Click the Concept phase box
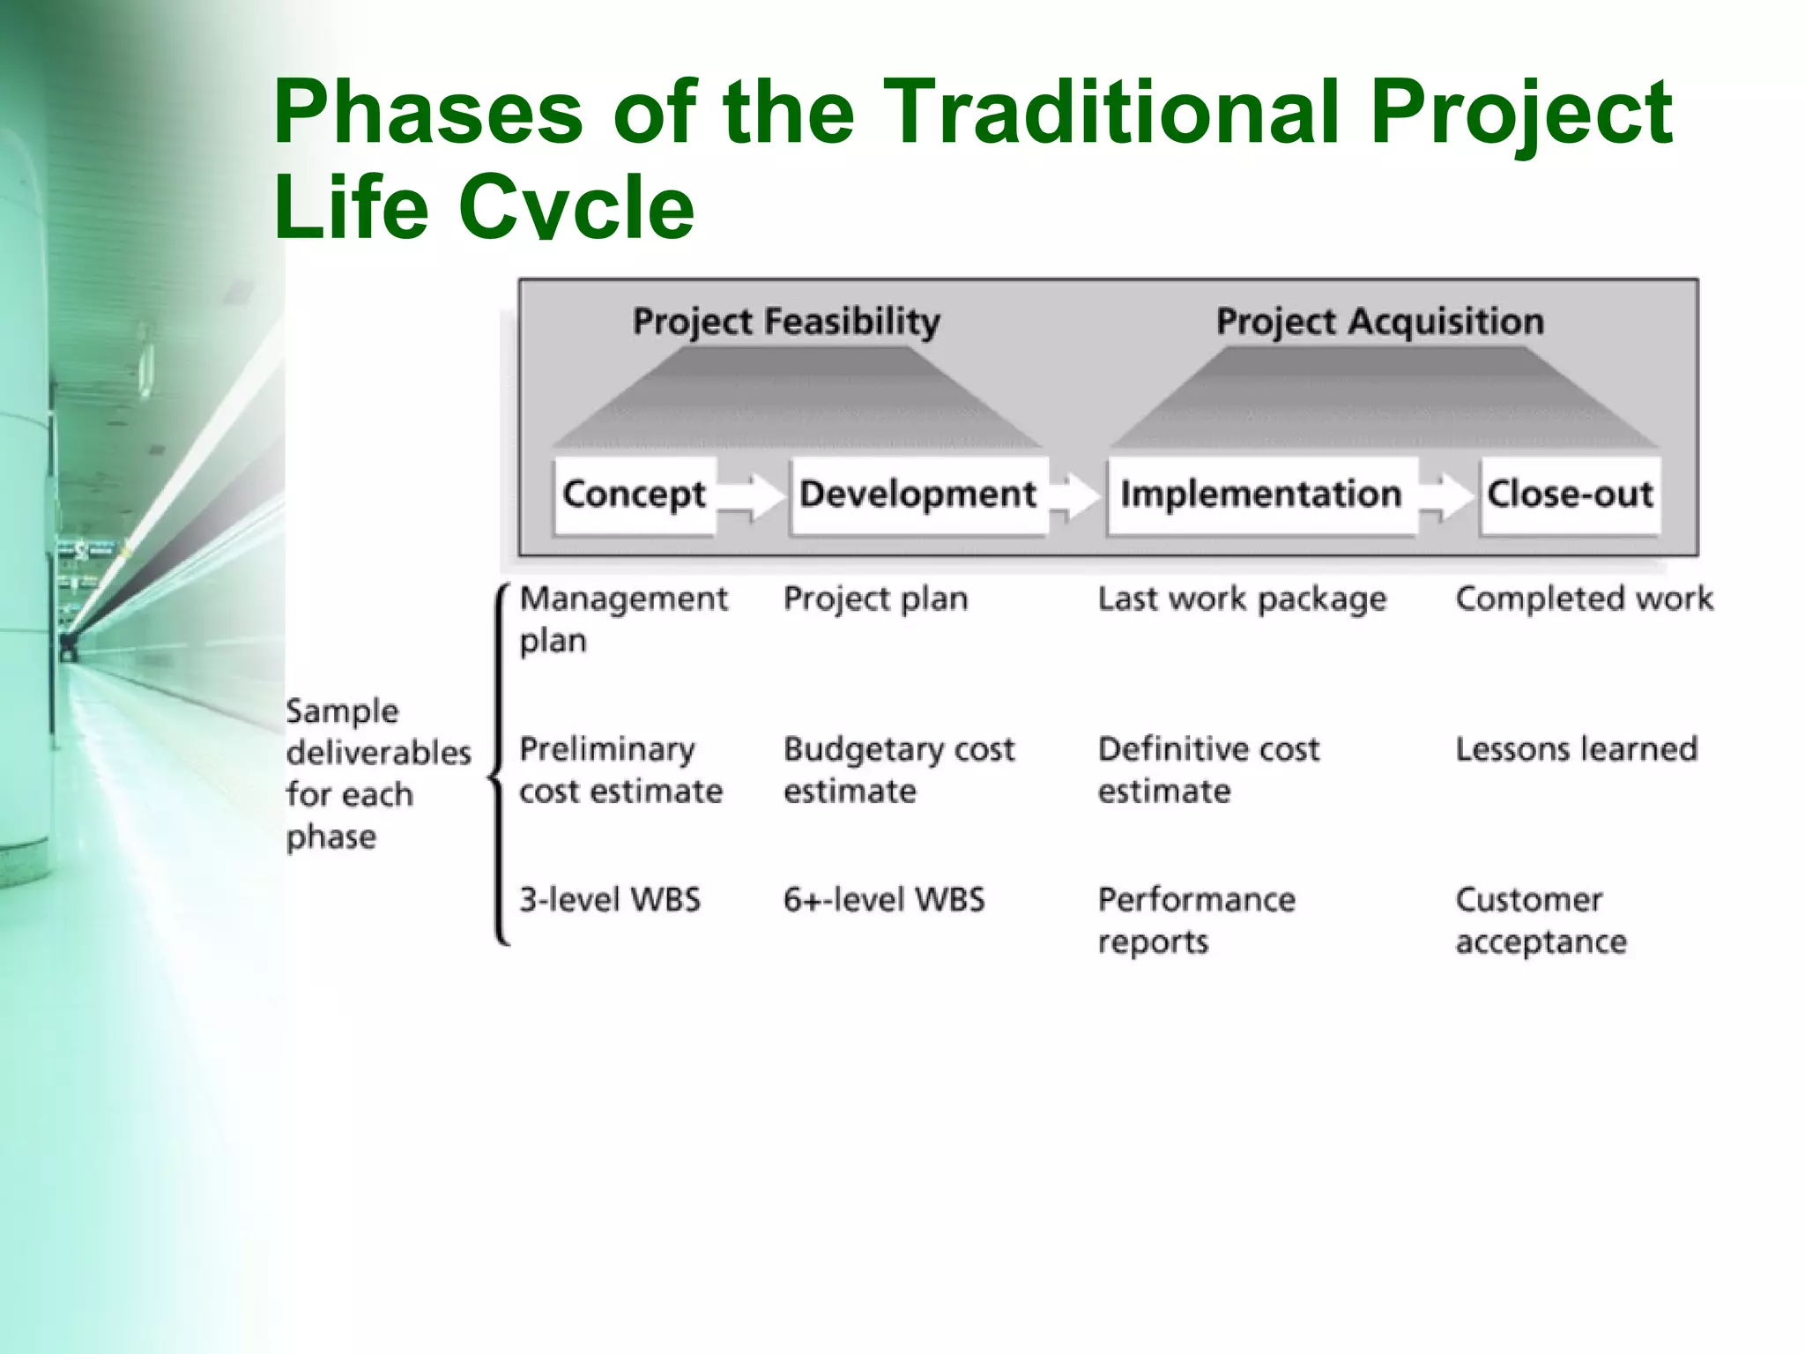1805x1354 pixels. click(635, 495)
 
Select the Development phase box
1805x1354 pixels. click(918, 495)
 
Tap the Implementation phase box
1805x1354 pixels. click(1261, 495)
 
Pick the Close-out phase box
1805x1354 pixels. click(1570, 495)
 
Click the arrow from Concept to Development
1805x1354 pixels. click(751, 495)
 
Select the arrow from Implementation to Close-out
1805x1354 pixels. click(1448, 495)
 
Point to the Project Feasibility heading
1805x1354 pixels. click(786, 321)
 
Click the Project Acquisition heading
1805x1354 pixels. click(1380, 321)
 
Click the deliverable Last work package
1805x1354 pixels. click(1242, 599)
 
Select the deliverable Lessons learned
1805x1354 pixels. click(1576, 749)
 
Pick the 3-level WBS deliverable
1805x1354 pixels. click(610, 900)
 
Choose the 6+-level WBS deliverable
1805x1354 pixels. click(884, 900)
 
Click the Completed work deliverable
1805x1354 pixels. click(1584, 599)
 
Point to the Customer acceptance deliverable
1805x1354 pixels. click(1541, 920)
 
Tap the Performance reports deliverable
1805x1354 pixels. click(1196, 920)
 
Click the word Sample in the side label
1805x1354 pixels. click(342, 711)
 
